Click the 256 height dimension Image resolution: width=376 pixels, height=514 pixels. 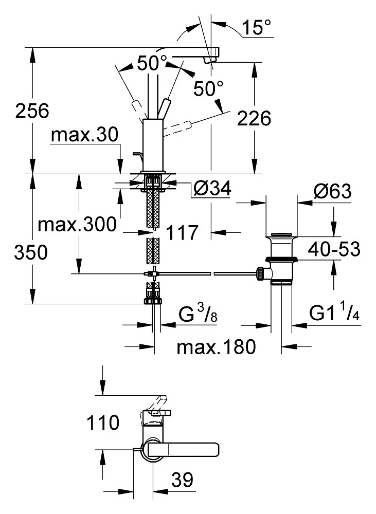click(32, 111)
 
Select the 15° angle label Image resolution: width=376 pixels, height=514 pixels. click(257, 28)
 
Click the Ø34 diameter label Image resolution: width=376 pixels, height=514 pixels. click(212, 190)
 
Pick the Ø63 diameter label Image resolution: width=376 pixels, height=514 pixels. click(332, 192)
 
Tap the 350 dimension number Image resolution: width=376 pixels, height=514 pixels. click(32, 253)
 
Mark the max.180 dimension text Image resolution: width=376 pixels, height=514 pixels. click(216, 347)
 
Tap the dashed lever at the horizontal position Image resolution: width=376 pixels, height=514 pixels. click(180, 125)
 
